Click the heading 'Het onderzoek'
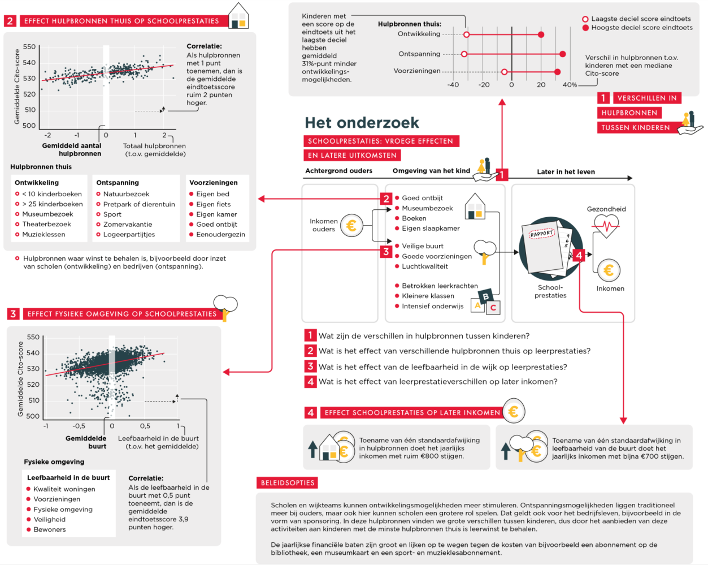coord(362,123)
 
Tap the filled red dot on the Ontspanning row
coord(562,54)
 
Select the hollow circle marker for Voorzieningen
coord(504,72)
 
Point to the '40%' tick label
coord(570,85)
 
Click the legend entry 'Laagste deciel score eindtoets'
coord(641,19)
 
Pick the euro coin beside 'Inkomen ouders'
coord(351,226)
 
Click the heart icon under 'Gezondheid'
coord(606,227)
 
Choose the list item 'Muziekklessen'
coord(44,234)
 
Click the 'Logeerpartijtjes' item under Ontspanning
coord(129,234)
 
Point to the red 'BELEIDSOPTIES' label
coord(288,483)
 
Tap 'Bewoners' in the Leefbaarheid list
coord(50,529)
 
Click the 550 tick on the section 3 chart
coord(33,337)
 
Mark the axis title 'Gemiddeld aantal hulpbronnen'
coord(72,149)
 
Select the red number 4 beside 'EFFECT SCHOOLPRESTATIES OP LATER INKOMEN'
coord(310,412)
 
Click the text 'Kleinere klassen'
coord(428,296)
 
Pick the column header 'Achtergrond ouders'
coord(338,171)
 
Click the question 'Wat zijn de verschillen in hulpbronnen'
coord(424,335)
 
